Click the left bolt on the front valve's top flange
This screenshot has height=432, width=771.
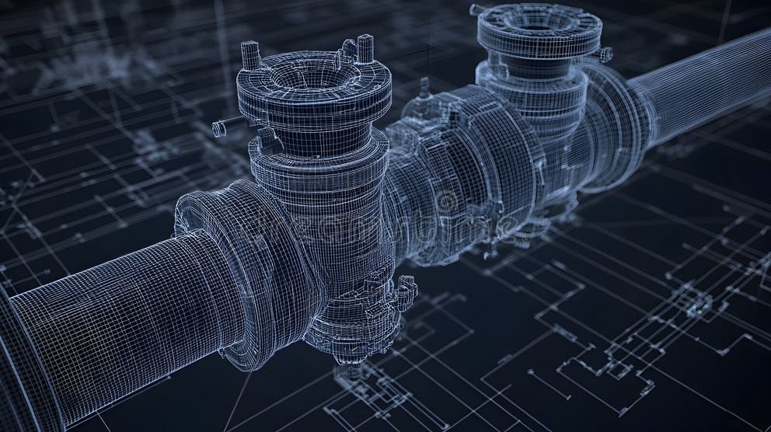coord(250,55)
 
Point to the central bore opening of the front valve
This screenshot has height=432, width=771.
coord(313,76)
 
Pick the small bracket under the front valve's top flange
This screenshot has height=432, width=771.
coord(269,140)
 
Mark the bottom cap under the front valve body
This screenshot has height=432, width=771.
coord(354,326)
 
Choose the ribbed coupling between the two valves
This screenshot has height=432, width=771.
coord(459,171)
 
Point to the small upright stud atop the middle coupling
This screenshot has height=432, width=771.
coord(424,87)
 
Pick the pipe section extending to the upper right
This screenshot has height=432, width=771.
coord(699,85)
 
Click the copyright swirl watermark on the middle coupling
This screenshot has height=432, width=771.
coord(448,204)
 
